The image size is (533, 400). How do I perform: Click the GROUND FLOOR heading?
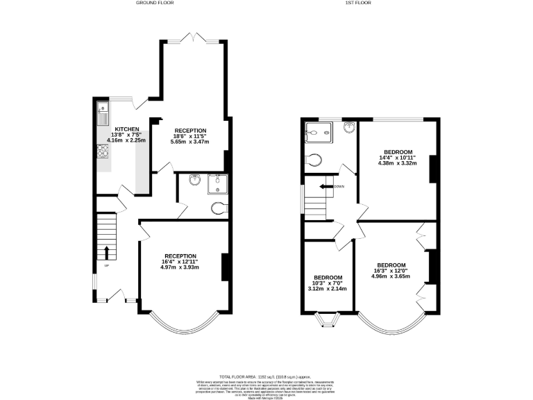[154, 3]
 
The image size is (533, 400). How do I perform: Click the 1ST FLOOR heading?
[359, 3]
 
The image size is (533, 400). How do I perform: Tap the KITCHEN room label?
[127, 129]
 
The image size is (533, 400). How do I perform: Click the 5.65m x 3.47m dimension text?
[189, 142]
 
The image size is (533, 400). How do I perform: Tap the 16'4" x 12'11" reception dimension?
[180, 261]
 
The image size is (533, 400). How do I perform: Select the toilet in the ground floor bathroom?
[218, 206]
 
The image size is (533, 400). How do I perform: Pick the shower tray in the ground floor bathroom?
[217, 183]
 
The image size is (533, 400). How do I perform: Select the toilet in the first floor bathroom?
[313, 160]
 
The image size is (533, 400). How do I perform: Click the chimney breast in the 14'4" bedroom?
[434, 169]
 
